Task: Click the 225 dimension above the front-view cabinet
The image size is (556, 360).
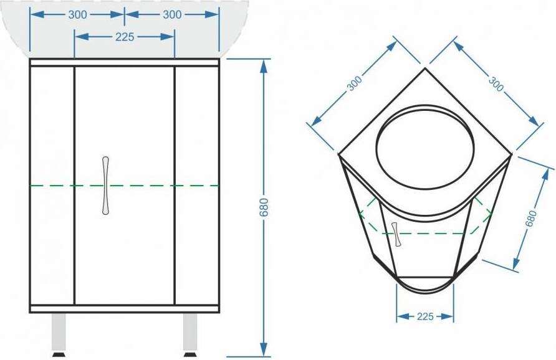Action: coord(125,37)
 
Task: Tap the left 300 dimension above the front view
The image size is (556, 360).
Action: coord(77,14)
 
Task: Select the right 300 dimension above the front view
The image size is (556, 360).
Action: coord(172,14)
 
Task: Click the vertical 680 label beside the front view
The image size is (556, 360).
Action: coord(264,207)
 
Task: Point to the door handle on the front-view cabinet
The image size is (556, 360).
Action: coord(105,186)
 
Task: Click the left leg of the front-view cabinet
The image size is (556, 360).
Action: coord(59,332)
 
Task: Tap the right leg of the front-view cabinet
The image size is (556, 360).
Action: coord(190,332)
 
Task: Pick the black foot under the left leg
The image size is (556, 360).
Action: coord(59,354)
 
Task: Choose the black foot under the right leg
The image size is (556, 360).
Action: coord(190,354)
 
